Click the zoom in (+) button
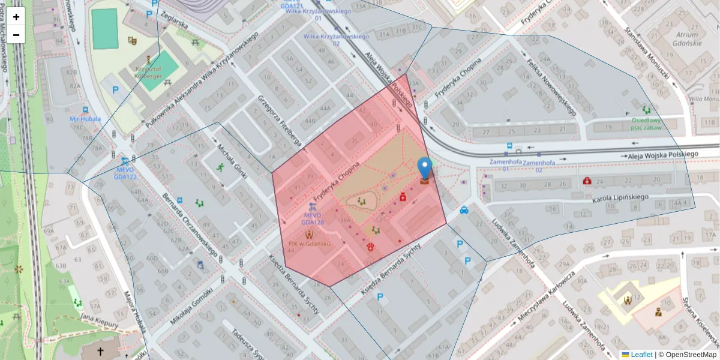(16, 17)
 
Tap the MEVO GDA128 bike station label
(313, 218)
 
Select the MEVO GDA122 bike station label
(125, 173)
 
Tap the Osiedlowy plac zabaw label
(646, 124)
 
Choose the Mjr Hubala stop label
(85, 119)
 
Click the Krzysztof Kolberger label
(148, 73)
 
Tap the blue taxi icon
(464, 210)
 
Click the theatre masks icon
(132, 41)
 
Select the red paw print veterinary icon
(370, 247)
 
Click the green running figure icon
(220, 167)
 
